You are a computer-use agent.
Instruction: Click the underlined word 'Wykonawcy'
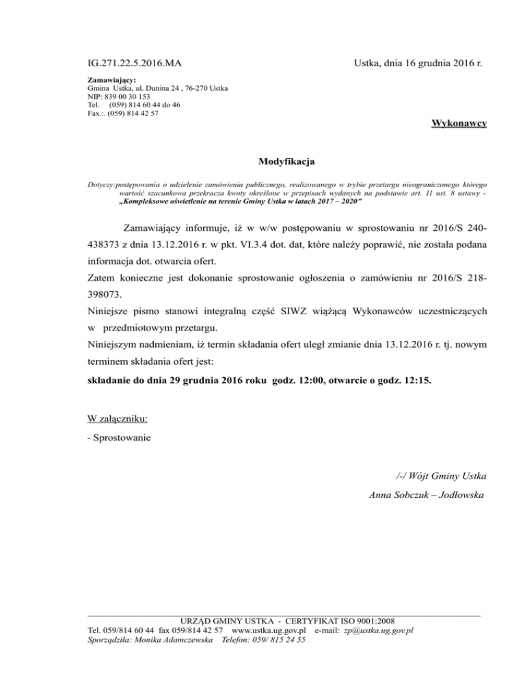tap(459, 123)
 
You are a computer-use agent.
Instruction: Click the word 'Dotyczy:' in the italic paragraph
tap(103, 185)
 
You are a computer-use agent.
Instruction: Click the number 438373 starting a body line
tap(109, 244)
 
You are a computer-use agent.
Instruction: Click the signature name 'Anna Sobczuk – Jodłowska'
tap(427, 494)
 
